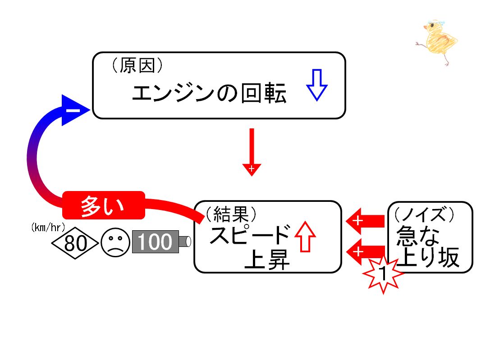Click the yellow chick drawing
(x=437, y=41)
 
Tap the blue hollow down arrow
(x=317, y=85)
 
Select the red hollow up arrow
(x=305, y=237)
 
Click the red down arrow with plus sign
(x=252, y=152)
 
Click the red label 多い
(x=103, y=205)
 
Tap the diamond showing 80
(x=75, y=243)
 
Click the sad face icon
(x=115, y=242)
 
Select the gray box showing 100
(x=156, y=242)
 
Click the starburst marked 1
(x=383, y=273)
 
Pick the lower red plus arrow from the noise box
(x=365, y=252)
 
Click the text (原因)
(x=137, y=65)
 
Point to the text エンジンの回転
(x=209, y=93)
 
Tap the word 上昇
(x=266, y=260)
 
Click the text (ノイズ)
(x=424, y=214)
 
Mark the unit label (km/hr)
(x=48, y=227)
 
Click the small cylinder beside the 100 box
(x=185, y=242)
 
